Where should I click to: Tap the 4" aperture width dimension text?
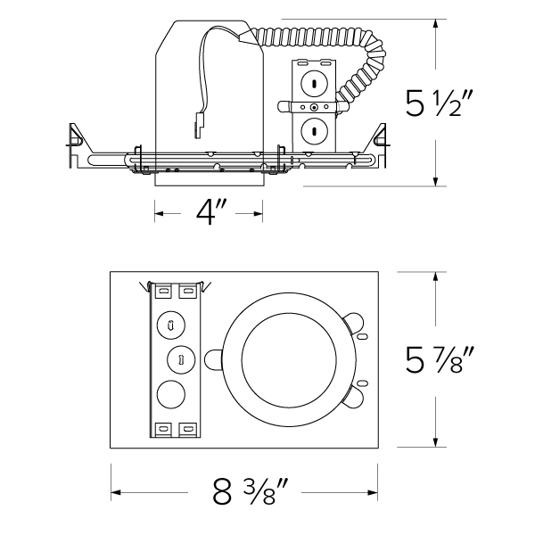(x=210, y=212)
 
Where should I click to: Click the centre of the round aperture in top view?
(x=283, y=359)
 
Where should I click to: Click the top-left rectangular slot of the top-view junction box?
(x=164, y=290)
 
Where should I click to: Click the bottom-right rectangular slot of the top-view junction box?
(x=188, y=429)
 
